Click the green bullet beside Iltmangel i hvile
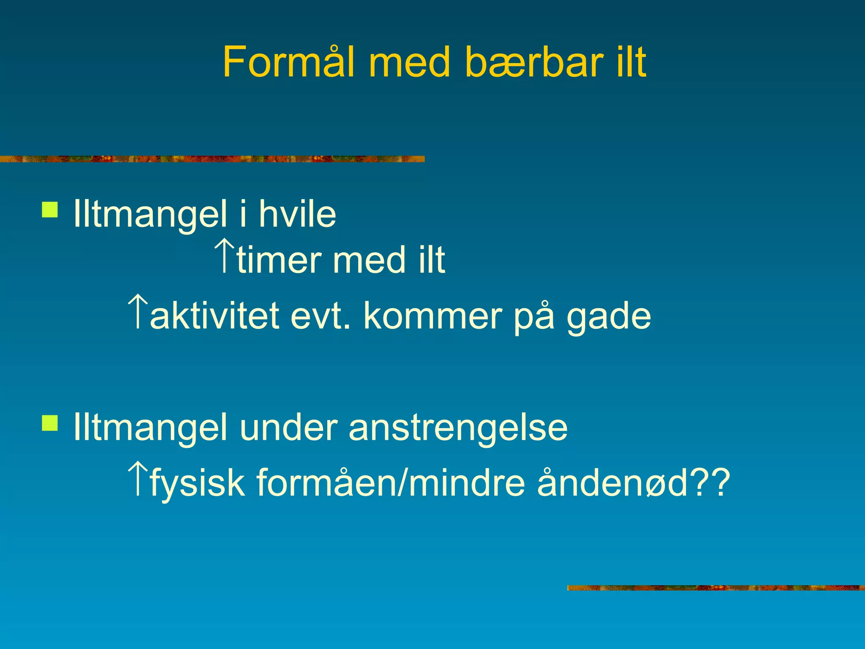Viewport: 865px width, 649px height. (x=50, y=210)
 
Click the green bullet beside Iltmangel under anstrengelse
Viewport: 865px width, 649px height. (x=50, y=423)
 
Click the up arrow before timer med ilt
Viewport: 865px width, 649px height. (x=224, y=255)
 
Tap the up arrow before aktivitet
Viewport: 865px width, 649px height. (x=138, y=312)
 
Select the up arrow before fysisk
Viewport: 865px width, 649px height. (x=138, y=478)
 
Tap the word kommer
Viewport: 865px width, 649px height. (x=432, y=316)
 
